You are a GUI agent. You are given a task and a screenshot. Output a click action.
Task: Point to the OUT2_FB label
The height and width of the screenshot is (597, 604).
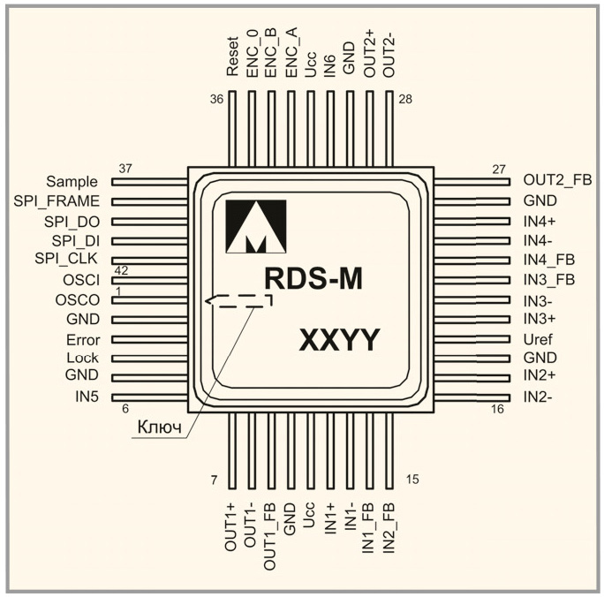click(557, 181)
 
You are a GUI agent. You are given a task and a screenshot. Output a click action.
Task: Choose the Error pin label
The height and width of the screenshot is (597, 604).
click(82, 339)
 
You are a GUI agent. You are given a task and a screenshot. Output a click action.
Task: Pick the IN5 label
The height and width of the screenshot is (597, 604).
click(87, 397)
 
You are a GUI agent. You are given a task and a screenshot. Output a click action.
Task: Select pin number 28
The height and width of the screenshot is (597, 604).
click(405, 99)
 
